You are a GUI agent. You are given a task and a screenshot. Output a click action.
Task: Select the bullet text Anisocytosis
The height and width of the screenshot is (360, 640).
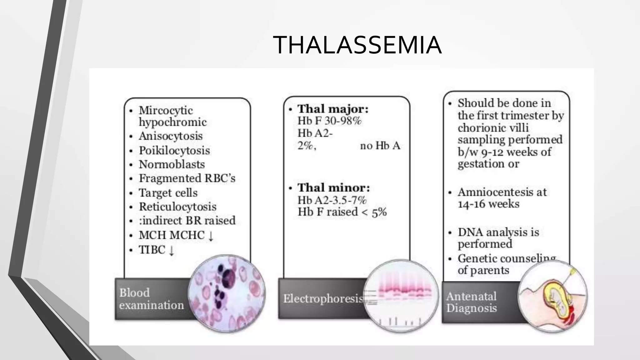[x=171, y=136]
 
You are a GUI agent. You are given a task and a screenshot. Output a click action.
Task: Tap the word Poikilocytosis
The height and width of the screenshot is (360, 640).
[x=174, y=151]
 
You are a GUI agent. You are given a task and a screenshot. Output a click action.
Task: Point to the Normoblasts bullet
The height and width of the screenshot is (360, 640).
[x=172, y=164]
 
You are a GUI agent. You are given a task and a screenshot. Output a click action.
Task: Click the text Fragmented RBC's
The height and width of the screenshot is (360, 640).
[x=187, y=178]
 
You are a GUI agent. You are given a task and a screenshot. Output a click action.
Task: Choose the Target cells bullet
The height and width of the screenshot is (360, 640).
[x=168, y=193]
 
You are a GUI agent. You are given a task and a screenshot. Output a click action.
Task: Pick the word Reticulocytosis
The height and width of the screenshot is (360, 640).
[x=177, y=207]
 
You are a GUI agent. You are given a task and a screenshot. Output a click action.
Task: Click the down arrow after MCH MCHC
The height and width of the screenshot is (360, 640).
[x=211, y=236]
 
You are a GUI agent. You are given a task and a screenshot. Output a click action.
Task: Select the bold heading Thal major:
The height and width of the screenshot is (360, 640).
[x=333, y=109]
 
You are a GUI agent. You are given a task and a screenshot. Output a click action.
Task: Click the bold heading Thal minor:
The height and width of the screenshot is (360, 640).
[x=333, y=188]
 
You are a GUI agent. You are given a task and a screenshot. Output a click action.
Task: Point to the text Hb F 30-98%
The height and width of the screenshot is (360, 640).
[x=329, y=121]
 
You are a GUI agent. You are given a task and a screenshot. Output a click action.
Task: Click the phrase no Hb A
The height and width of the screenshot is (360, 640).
[x=380, y=146]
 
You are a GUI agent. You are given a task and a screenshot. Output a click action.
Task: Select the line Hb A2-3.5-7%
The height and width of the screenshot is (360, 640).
[x=332, y=200]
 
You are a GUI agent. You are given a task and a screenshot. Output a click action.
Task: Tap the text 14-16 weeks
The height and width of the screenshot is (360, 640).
[x=488, y=204]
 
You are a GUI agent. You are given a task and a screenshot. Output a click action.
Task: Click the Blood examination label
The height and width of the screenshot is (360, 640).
[x=152, y=299]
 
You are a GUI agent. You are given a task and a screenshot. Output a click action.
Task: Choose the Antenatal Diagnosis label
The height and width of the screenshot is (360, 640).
[x=471, y=302]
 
